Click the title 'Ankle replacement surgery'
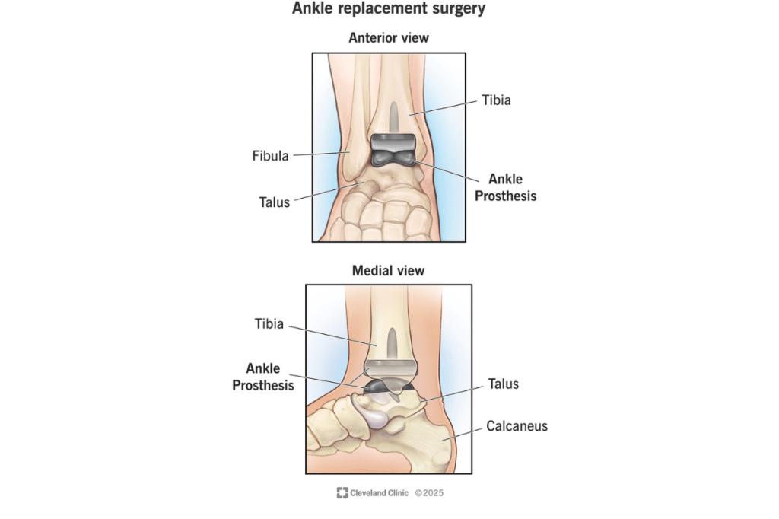[x=389, y=8]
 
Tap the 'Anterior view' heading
[x=389, y=38]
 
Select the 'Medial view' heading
[x=389, y=270]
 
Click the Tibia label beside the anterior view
[x=496, y=100]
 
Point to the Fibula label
[x=270, y=155]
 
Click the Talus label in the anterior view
[x=274, y=202]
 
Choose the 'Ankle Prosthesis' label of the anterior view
[x=506, y=187]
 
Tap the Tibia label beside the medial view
[x=269, y=323]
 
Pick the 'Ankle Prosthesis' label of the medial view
[x=263, y=377]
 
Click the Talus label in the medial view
[x=504, y=384]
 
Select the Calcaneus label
[x=517, y=426]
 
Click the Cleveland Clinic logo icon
[x=342, y=492]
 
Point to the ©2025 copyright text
[x=429, y=492]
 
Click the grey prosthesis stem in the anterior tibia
[x=393, y=118]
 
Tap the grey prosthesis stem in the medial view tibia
[x=392, y=343]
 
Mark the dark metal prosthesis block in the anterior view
[x=393, y=150]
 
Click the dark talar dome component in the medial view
[x=388, y=387]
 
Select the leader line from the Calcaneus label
[x=462, y=434]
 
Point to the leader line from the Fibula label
[x=322, y=154]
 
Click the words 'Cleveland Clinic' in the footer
[x=379, y=492]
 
